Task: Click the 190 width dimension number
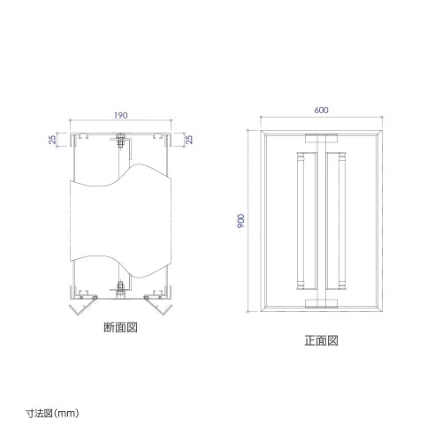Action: [121, 115]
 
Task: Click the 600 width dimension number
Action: [321, 110]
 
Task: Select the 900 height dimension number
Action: [241, 221]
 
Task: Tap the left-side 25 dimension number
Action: [52, 140]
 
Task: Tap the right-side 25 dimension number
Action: [189, 140]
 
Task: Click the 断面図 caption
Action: [120, 327]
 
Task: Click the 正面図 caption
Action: [321, 340]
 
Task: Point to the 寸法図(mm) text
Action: [52, 413]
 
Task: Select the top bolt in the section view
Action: [120, 141]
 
